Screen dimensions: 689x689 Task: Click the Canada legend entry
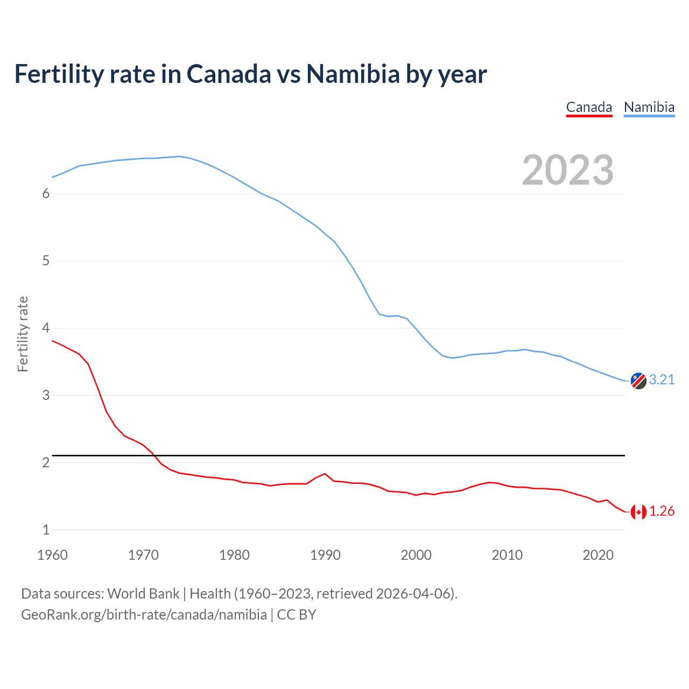coord(589,108)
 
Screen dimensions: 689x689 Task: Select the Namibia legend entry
coord(649,108)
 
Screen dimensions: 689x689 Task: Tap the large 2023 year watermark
coord(568,170)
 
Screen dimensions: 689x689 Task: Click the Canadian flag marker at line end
coord(638,512)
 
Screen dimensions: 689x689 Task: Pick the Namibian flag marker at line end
coord(638,381)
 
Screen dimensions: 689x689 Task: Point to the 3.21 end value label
coord(662,380)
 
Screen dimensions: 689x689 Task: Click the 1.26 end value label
coord(662,511)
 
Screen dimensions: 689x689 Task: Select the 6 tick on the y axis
coord(46,194)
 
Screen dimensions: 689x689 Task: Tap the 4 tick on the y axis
coord(46,328)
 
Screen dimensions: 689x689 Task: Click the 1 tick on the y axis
coord(46,530)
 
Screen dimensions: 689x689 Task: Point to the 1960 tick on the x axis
coord(52,556)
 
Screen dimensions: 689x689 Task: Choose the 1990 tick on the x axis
coord(325,556)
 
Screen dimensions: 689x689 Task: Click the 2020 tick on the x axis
coord(598,556)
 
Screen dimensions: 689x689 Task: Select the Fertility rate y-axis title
coord(23,334)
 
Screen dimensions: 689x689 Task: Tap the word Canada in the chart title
coord(229,74)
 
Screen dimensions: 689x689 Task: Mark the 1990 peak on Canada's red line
coord(325,474)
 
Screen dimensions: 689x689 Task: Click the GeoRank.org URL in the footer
coord(144,615)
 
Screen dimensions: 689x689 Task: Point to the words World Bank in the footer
coord(143,594)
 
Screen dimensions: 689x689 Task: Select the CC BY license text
coord(297,615)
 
